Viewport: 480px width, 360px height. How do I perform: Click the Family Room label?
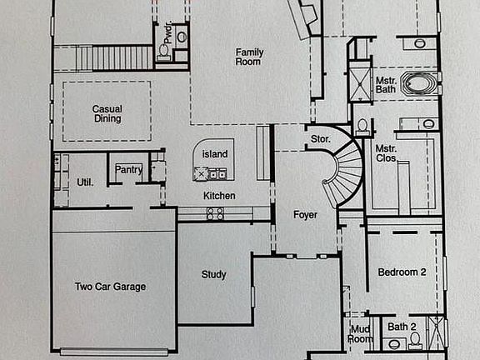coord(249,57)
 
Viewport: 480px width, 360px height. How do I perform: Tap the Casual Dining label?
coord(107,113)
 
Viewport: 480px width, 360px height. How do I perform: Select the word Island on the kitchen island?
coord(215,153)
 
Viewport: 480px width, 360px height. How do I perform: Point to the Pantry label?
coord(128,169)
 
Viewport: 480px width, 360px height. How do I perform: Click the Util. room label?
coord(85,182)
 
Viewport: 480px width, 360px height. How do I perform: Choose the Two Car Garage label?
coord(111,287)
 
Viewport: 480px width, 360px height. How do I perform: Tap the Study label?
coord(213,275)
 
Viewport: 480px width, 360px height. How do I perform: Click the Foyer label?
coord(305,215)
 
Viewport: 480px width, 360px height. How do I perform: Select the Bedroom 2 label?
coord(402,272)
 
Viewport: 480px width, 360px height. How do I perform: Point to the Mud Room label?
coord(360,334)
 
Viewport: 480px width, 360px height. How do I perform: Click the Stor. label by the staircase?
coord(321,139)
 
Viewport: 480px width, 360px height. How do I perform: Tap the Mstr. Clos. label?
coord(386,153)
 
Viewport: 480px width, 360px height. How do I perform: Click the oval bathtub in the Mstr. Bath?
coord(419,83)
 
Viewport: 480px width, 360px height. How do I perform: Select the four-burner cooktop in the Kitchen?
coord(215,213)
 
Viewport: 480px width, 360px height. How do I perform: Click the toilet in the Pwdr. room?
coord(163,51)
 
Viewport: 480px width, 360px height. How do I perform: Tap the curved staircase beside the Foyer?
coord(342,172)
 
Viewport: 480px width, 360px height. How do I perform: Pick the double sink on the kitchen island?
coord(217,173)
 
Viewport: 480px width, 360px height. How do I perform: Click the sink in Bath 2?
coord(393,344)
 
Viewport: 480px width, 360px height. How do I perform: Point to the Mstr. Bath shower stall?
coord(360,84)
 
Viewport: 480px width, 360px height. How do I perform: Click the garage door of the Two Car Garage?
coord(113,352)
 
